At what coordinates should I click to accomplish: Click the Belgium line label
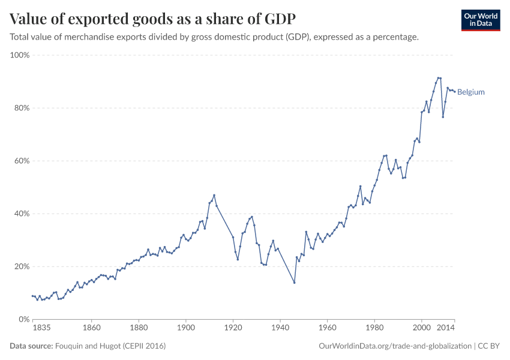click(x=470, y=92)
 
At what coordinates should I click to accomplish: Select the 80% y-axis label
click(x=22, y=108)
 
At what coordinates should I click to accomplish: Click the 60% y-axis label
click(x=22, y=161)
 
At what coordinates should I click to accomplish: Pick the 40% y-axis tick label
click(x=22, y=214)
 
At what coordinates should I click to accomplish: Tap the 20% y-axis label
click(x=22, y=266)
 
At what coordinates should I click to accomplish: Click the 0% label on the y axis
click(x=25, y=319)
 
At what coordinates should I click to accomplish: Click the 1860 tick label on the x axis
click(x=92, y=328)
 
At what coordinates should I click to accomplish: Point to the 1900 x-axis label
click(x=186, y=328)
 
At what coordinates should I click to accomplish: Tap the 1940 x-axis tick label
click(x=280, y=328)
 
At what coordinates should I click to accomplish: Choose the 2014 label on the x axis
click(x=445, y=328)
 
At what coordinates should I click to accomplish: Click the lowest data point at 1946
click(x=294, y=283)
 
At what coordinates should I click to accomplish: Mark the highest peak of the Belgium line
click(x=439, y=78)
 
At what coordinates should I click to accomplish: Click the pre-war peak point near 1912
click(x=214, y=195)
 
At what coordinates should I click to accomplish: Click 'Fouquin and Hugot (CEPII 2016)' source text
click(x=110, y=346)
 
